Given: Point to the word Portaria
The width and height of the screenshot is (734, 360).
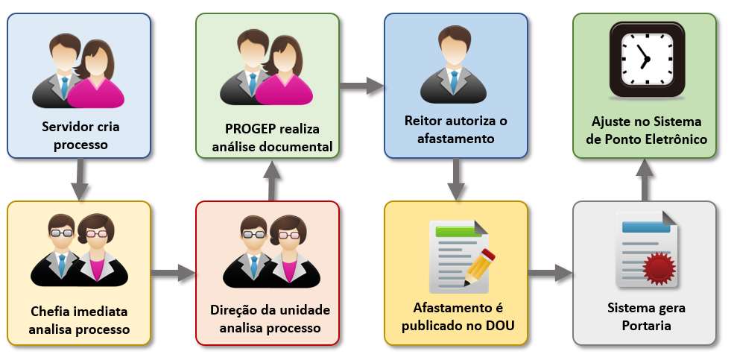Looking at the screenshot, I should (x=645, y=326).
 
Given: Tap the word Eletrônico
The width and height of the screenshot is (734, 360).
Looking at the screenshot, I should (x=674, y=139).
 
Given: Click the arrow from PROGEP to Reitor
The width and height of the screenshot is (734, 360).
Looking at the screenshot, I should (x=361, y=86).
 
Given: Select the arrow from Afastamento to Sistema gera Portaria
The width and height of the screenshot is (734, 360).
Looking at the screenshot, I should (x=550, y=273).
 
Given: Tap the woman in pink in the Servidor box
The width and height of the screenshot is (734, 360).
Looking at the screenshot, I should (x=99, y=75).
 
